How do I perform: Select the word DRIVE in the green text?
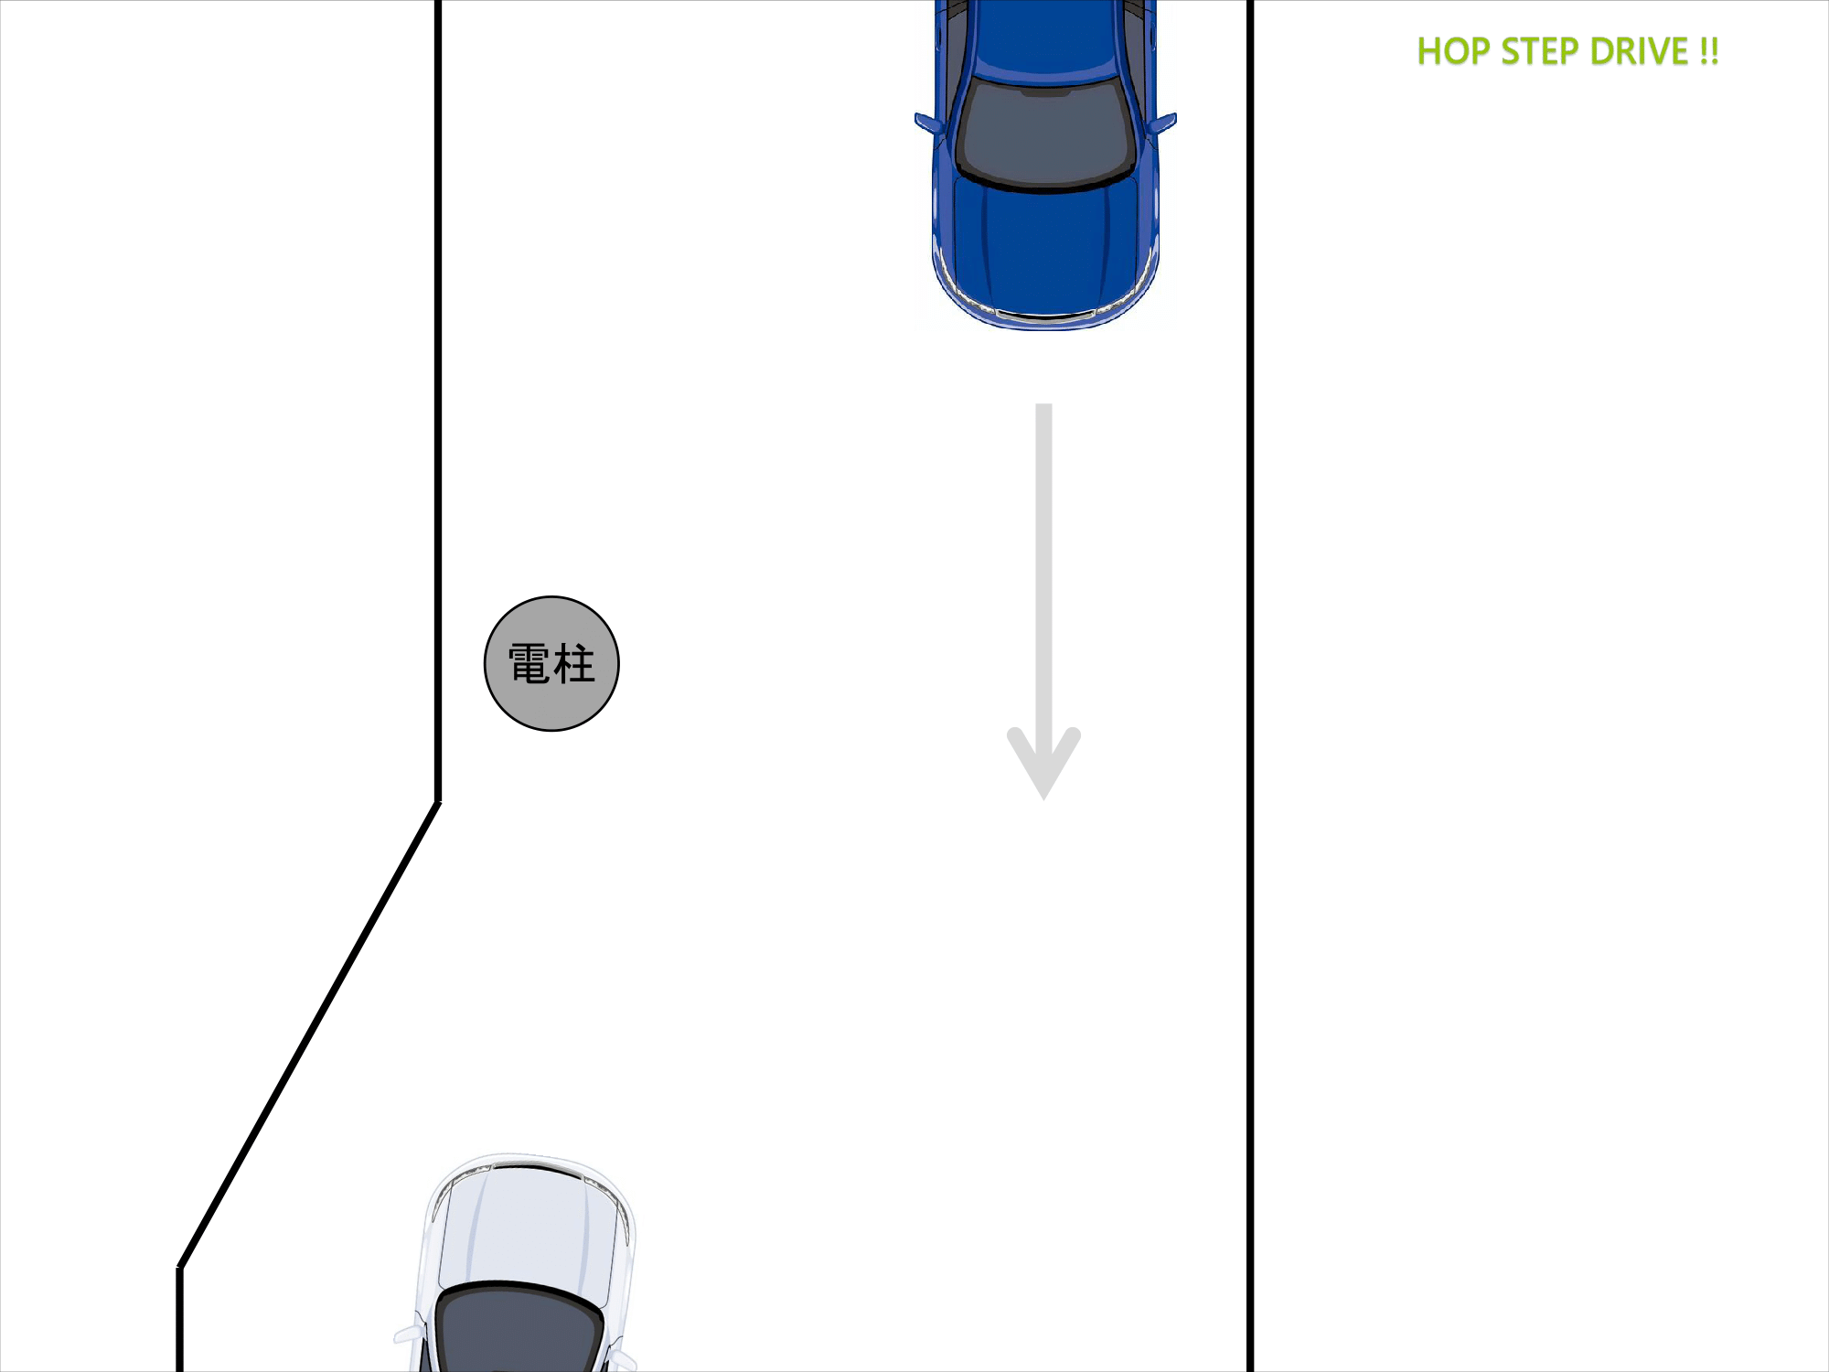coord(1640,51)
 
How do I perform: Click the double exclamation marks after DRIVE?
coord(1709,51)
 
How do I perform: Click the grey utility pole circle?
coord(551,663)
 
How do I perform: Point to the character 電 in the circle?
coord(529,663)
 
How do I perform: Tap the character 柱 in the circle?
coord(574,663)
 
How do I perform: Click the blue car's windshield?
coord(1045,133)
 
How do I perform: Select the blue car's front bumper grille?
coord(1045,316)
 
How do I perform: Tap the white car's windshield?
coord(519,1331)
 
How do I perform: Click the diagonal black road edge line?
coord(309,1034)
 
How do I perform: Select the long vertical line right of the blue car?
coord(1249,686)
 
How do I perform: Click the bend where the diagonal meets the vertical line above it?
coord(438,802)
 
